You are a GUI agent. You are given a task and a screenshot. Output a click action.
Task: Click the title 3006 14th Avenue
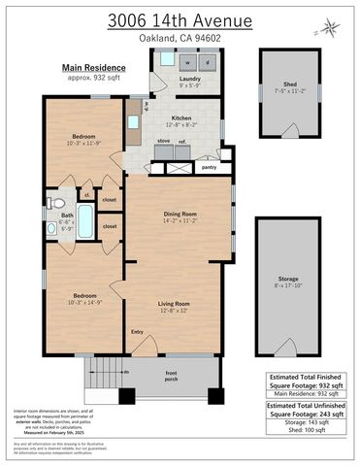tap(180, 19)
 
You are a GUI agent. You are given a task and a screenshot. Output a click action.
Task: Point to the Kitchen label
tap(181, 117)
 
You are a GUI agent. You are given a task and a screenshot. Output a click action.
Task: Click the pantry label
tap(208, 167)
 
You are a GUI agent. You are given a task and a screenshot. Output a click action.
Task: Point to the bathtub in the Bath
tap(84, 225)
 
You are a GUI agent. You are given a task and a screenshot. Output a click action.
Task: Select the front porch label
tap(171, 375)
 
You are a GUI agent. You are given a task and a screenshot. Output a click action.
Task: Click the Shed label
tap(290, 84)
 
